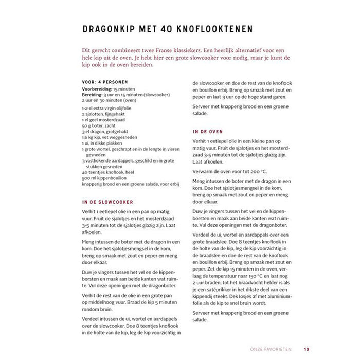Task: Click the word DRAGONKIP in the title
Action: [110, 29]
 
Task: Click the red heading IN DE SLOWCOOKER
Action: [107, 202]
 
